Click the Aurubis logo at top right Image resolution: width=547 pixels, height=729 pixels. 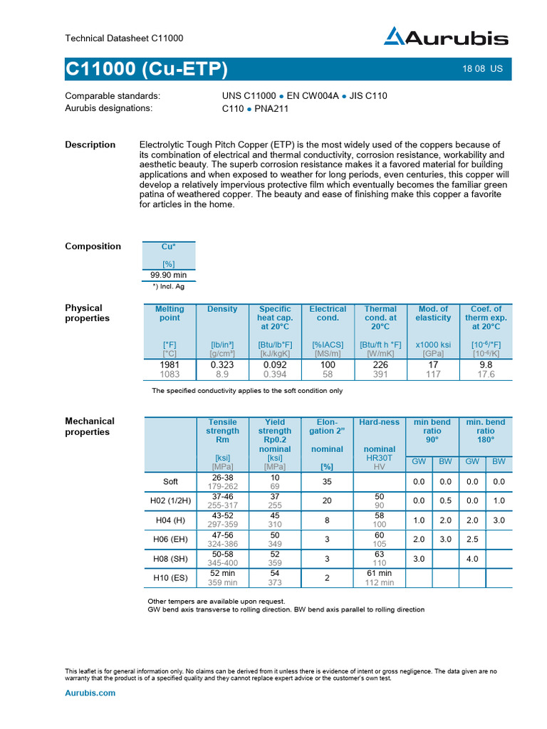(447, 38)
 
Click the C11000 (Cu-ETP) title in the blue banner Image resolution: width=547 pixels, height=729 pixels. (146, 69)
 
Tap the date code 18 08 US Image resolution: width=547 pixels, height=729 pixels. (482, 69)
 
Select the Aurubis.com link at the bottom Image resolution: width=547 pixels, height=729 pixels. (90, 693)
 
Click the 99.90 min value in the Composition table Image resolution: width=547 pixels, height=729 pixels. (169, 275)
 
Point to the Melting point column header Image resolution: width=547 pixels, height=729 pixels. (169, 313)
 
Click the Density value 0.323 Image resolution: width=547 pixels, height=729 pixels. (222, 364)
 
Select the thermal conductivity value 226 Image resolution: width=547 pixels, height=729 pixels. (380, 364)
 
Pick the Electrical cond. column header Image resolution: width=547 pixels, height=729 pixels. (328, 313)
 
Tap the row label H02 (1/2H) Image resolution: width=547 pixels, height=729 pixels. (170, 500)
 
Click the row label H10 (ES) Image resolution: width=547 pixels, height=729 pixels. (170, 577)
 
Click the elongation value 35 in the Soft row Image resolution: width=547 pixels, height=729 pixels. (327, 481)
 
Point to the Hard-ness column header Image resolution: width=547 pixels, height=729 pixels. (380, 422)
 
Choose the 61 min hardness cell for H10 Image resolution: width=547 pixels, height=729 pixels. (380, 573)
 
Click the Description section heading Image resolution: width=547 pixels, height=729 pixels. (90, 145)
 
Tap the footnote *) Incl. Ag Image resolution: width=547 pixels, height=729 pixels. (168, 286)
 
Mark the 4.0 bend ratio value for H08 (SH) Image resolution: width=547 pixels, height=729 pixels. (472, 559)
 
